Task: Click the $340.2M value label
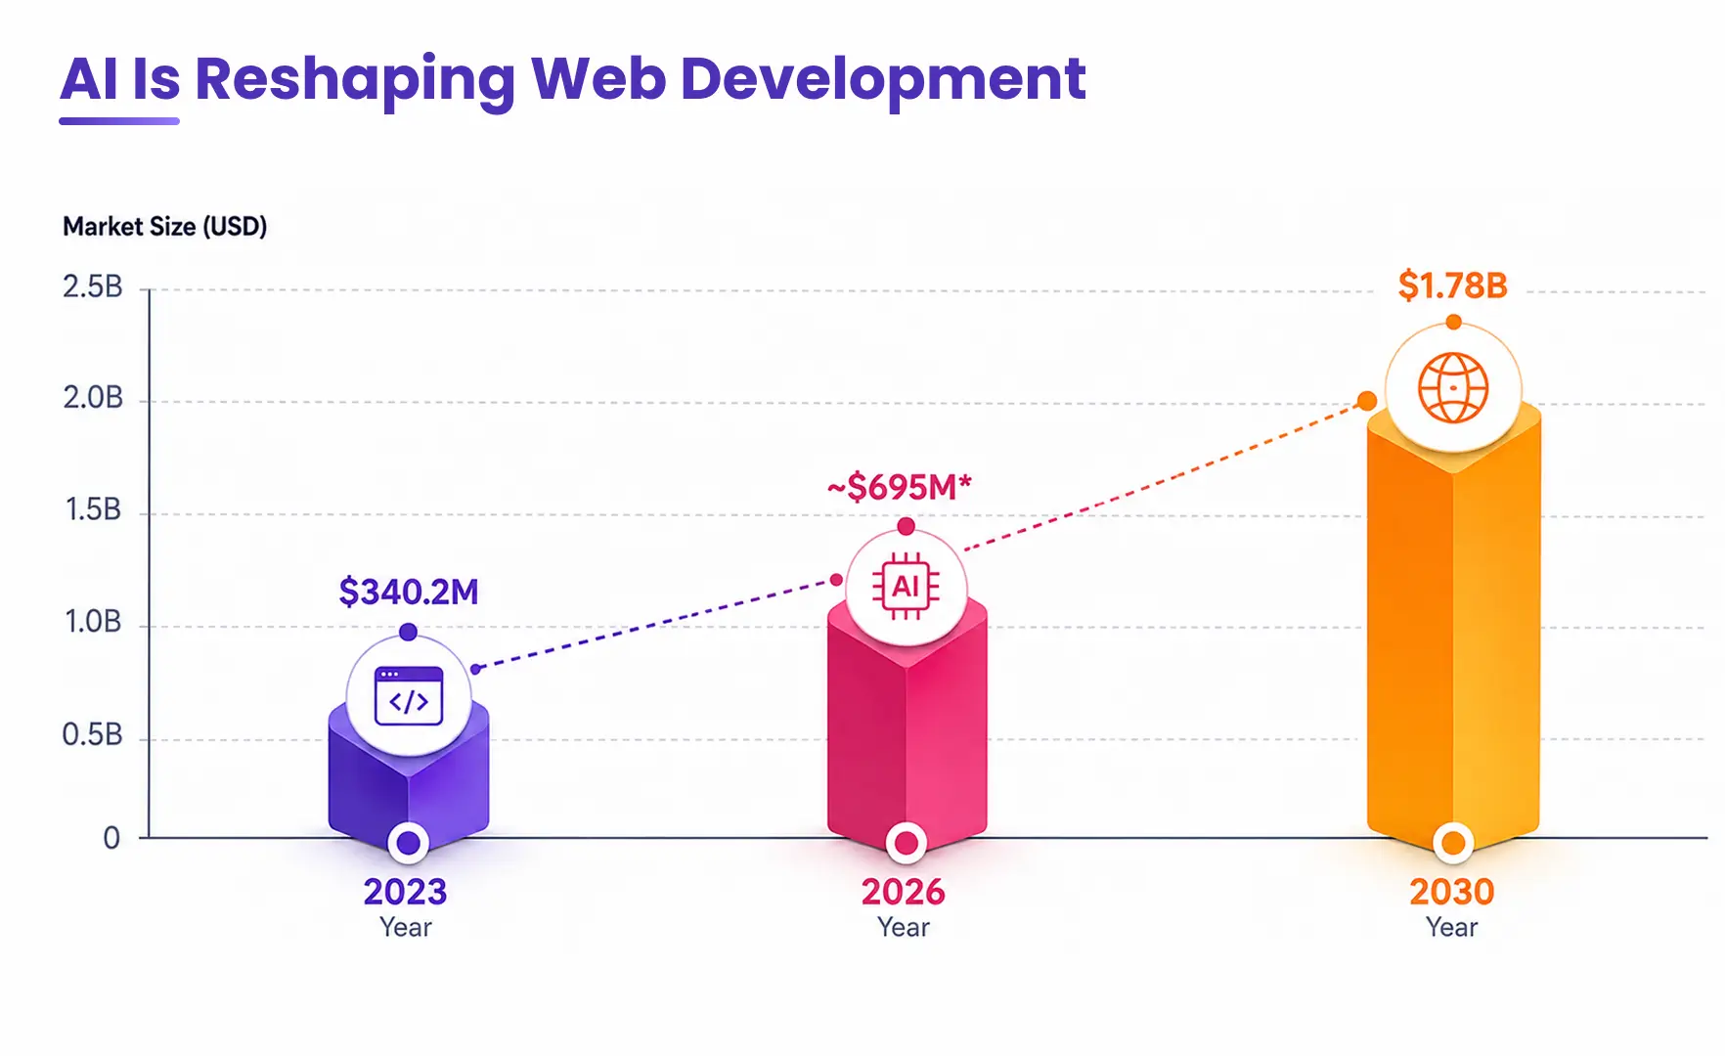pyautogui.click(x=409, y=592)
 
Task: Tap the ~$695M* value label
pyautogui.click(x=900, y=486)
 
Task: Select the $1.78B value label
pyautogui.click(x=1452, y=286)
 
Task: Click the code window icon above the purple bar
pyautogui.click(x=409, y=696)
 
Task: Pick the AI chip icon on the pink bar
pyautogui.click(x=907, y=587)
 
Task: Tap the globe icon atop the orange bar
pyautogui.click(x=1453, y=387)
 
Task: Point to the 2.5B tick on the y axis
pyautogui.click(x=93, y=286)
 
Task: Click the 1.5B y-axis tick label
pyautogui.click(x=93, y=509)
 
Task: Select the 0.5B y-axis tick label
pyautogui.click(x=93, y=734)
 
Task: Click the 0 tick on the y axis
pyautogui.click(x=111, y=838)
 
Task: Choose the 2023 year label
pyautogui.click(x=406, y=892)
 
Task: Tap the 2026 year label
pyautogui.click(x=904, y=892)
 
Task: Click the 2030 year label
pyautogui.click(x=1452, y=892)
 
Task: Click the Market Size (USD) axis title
pyautogui.click(x=165, y=227)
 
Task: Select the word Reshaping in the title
pyautogui.click(x=355, y=79)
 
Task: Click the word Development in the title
pyautogui.click(x=883, y=79)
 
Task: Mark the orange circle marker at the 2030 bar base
pyautogui.click(x=1453, y=842)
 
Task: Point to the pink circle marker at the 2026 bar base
pyautogui.click(x=907, y=842)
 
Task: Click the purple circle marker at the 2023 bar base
pyautogui.click(x=409, y=842)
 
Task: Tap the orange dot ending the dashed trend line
pyautogui.click(x=1367, y=401)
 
